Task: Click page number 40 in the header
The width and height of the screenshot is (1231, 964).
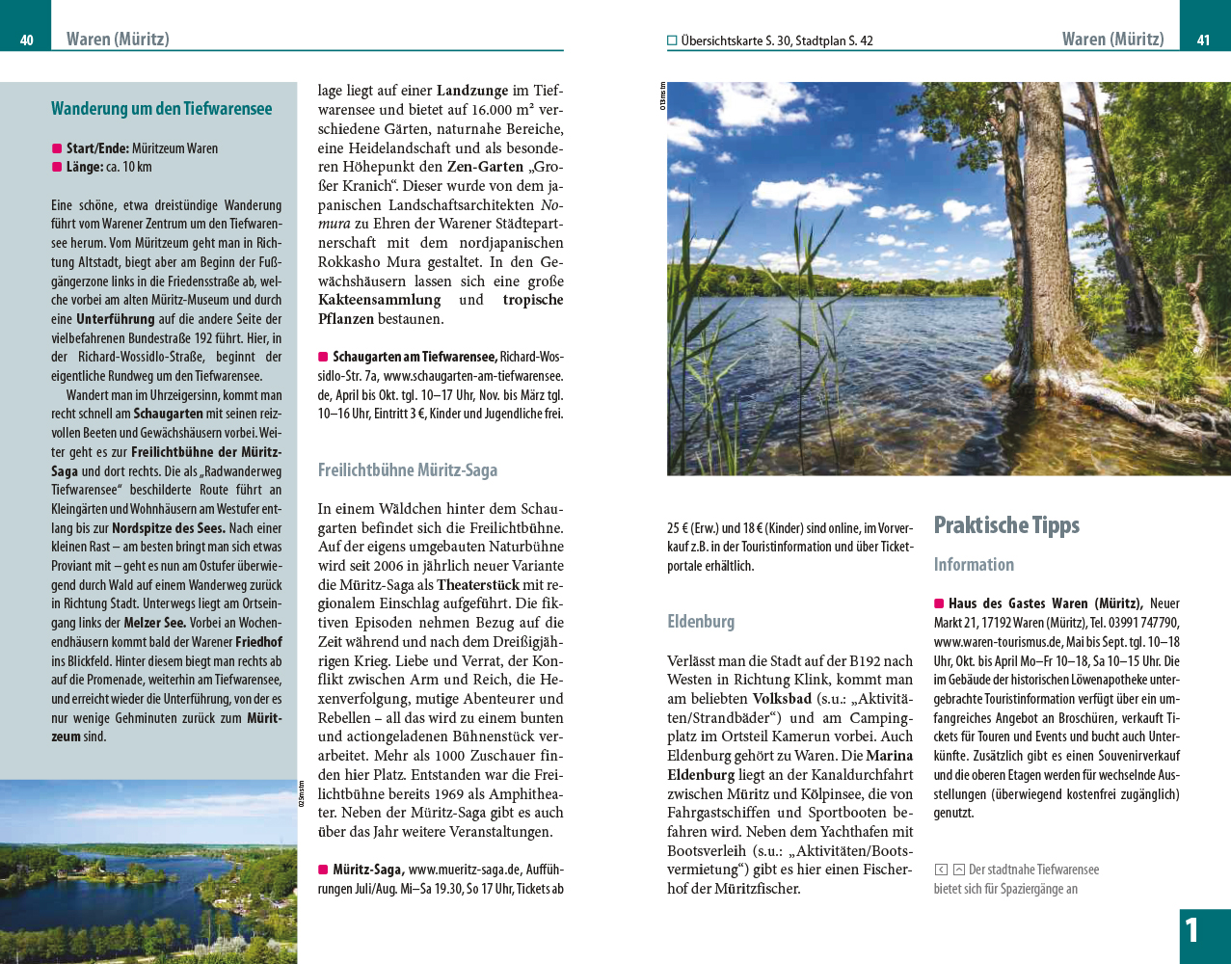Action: [x=27, y=40]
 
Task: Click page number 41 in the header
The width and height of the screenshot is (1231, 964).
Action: [x=1203, y=40]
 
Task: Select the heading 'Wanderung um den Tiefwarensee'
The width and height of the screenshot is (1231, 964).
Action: [x=161, y=109]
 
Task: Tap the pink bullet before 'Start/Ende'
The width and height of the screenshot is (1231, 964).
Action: [x=57, y=148]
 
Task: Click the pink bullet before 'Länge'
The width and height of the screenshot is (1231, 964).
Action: [x=57, y=167]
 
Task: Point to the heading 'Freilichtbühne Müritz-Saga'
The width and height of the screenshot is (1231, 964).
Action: [x=408, y=470]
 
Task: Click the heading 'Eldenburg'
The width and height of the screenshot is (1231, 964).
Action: [x=701, y=622]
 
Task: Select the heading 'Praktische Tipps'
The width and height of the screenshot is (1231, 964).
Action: [x=1006, y=525]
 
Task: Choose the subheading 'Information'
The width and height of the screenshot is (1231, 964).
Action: [x=974, y=565]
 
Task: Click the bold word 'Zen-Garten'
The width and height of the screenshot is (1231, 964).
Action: [x=485, y=167]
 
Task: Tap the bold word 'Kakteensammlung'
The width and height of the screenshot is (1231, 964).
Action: [x=379, y=300]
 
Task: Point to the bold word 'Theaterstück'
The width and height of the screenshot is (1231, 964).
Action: [x=477, y=584]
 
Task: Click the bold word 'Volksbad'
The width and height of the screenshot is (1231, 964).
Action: [x=782, y=699]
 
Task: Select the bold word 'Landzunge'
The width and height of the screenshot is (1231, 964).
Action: [x=472, y=91]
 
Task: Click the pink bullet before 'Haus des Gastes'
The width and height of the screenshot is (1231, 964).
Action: [x=939, y=603]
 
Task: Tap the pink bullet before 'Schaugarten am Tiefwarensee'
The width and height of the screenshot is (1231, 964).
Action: [x=323, y=358]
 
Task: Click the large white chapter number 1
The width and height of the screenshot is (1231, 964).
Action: [x=1192, y=930]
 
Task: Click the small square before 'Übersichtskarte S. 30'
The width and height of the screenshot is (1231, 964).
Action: [x=672, y=40]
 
